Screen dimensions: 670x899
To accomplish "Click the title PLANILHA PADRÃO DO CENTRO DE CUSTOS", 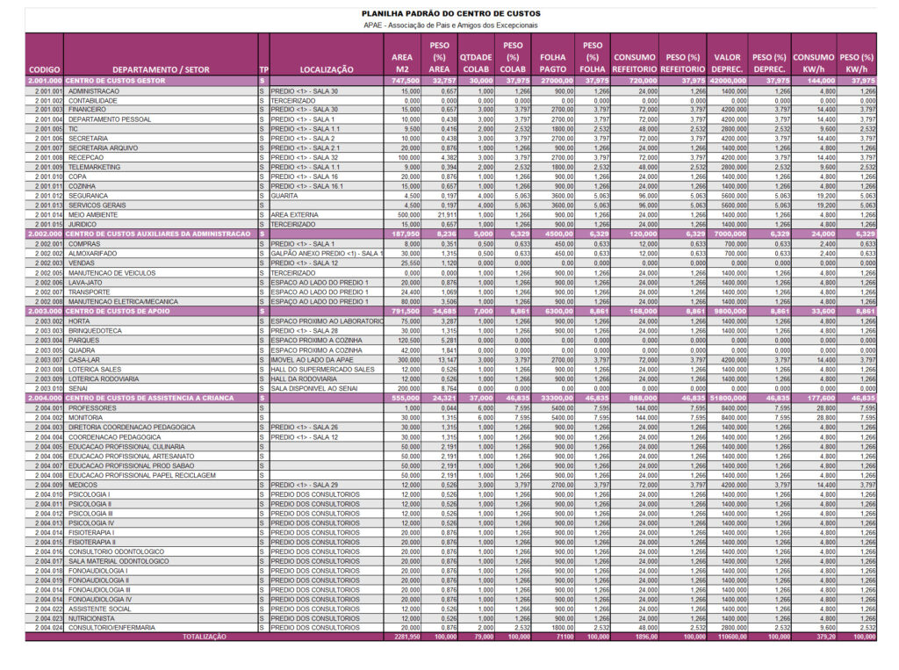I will [449, 14].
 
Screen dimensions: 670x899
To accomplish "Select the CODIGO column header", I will [44, 69].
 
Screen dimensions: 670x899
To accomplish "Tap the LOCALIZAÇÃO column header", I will [327, 69].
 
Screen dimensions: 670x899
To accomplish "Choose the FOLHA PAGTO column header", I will [553, 62].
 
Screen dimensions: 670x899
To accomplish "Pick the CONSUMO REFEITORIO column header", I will [635, 62].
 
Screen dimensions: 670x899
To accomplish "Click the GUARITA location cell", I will [285, 195].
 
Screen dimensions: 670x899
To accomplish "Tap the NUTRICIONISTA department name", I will [93, 618].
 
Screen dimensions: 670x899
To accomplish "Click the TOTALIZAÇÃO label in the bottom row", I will [203, 637].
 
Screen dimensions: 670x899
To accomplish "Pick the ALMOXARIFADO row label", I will [92, 253].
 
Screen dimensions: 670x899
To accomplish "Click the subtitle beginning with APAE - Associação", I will [449, 25].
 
